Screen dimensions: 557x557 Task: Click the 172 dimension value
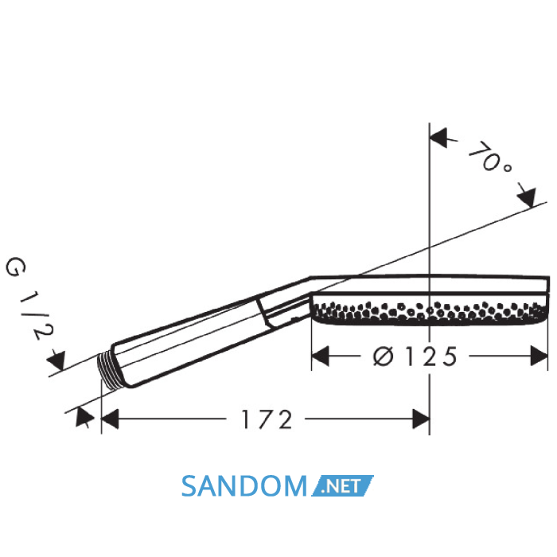click(x=267, y=419)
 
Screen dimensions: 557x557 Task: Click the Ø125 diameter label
click(x=415, y=356)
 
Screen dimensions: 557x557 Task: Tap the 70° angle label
click(x=490, y=158)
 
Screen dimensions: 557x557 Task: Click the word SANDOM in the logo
click(x=243, y=485)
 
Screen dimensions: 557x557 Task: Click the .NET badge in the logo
click(x=342, y=485)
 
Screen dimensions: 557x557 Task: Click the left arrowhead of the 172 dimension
click(x=110, y=419)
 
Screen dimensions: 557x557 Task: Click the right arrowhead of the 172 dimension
click(x=421, y=419)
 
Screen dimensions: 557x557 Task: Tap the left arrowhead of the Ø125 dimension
click(x=320, y=356)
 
